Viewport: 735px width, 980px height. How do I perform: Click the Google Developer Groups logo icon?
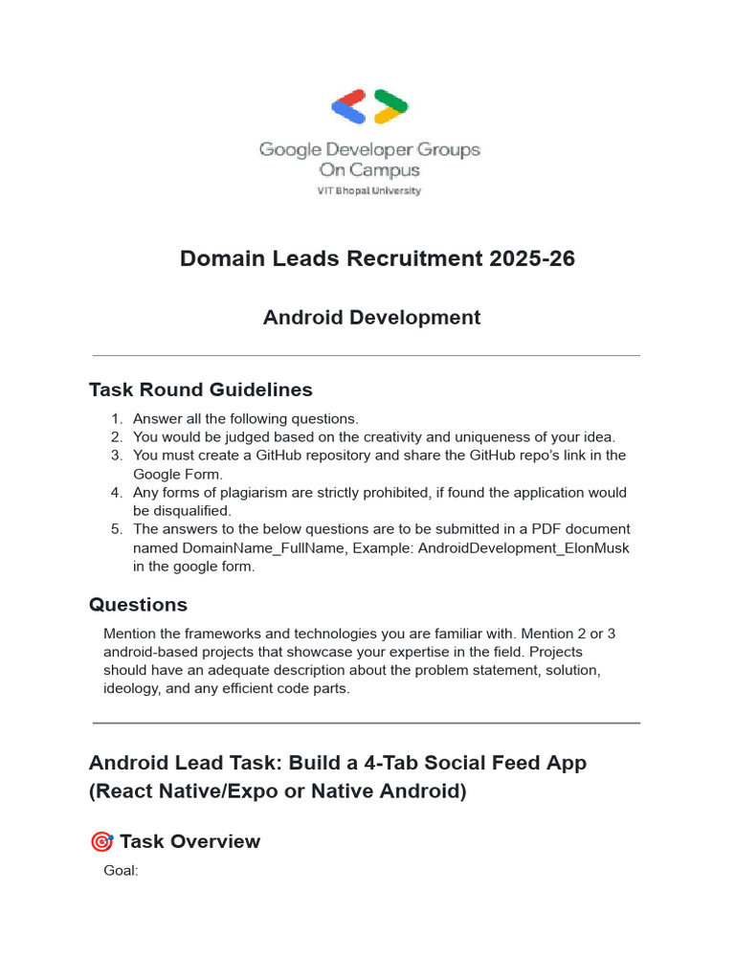point(369,106)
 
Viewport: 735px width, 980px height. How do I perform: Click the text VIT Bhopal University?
point(369,190)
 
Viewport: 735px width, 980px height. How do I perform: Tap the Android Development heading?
point(371,318)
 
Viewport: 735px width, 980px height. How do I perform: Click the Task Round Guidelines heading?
point(200,390)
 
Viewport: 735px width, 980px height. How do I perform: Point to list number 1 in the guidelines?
point(117,418)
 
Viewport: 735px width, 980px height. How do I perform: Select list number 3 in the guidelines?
point(117,456)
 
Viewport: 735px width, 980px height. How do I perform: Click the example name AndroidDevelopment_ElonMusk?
point(523,547)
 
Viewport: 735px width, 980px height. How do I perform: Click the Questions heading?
point(138,605)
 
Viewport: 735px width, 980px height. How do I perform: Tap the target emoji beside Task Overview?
point(100,842)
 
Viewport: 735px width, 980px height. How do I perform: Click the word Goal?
point(121,871)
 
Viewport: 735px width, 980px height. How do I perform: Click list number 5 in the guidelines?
point(117,529)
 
